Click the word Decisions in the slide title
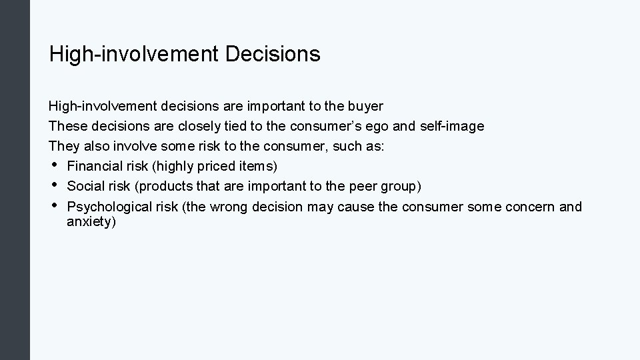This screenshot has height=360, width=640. [x=273, y=54]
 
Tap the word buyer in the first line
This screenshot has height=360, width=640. [x=365, y=107]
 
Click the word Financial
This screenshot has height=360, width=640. [x=94, y=166]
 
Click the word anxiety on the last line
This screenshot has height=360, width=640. [x=91, y=222]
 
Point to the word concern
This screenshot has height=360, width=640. [x=530, y=207]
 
